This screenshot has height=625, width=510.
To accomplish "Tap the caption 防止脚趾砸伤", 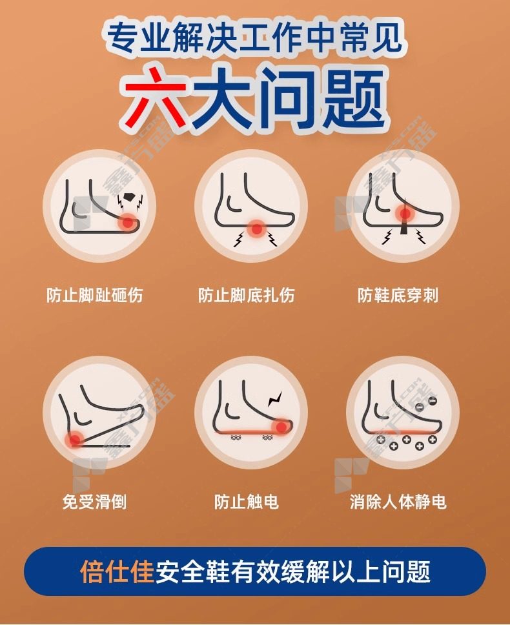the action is pyautogui.click(x=94, y=295).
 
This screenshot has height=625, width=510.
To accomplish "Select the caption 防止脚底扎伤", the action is pyautogui.click(x=246, y=295).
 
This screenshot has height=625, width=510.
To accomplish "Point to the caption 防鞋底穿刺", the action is pyautogui.click(x=398, y=295).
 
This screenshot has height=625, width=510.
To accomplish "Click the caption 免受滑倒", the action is pyautogui.click(x=94, y=501).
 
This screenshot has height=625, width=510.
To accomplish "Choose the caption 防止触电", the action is pyautogui.click(x=246, y=501).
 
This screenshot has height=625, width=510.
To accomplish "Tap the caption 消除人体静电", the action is pyautogui.click(x=398, y=501).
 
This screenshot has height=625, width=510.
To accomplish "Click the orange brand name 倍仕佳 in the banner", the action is pyautogui.click(x=117, y=571).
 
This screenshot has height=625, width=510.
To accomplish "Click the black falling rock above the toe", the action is pyautogui.click(x=128, y=197).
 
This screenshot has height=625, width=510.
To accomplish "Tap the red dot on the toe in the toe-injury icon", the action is pyautogui.click(x=128, y=222).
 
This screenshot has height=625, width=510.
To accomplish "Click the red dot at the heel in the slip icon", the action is pyautogui.click(x=74, y=440).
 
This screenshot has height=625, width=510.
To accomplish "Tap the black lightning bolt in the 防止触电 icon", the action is pyautogui.click(x=275, y=398).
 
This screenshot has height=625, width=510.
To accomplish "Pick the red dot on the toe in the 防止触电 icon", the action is pyautogui.click(x=281, y=427).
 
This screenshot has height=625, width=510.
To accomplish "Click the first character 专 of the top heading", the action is pyautogui.click(x=123, y=38).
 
